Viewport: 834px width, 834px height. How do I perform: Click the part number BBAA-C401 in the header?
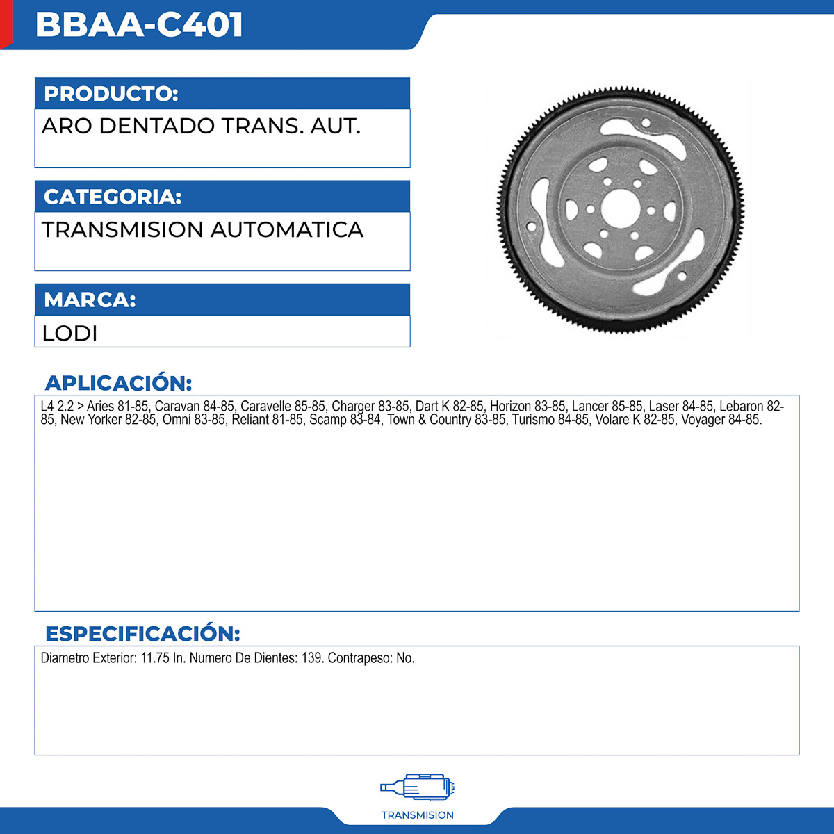pyautogui.click(x=139, y=25)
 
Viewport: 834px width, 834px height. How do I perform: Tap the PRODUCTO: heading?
pyautogui.click(x=111, y=94)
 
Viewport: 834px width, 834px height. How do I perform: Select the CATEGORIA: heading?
pyautogui.click(x=113, y=197)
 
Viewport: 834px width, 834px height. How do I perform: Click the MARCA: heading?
pyautogui.click(x=90, y=300)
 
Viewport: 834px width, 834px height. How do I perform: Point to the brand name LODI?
pyautogui.click(x=69, y=333)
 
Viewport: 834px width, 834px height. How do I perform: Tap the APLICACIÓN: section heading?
pyautogui.click(x=118, y=383)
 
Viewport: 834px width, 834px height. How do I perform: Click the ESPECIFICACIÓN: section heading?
pyautogui.click(x=142, y=634)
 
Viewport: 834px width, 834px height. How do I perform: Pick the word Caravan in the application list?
pyautogui.click(x=177, y=406)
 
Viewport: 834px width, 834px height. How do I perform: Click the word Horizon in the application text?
pyautogui.click(x=510, y=406)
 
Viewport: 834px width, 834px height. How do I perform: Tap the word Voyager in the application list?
pyautogui.click(x=703, y=420)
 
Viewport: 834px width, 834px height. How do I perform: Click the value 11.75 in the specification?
pyautogui.click(x=155, y=658)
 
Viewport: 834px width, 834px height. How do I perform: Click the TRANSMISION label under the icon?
pyautogui.click(x=418, y=815)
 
